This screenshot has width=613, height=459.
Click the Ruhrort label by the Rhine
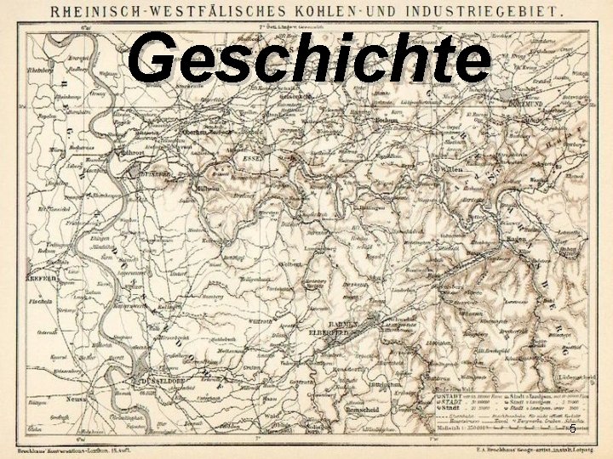coord(132,154)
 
